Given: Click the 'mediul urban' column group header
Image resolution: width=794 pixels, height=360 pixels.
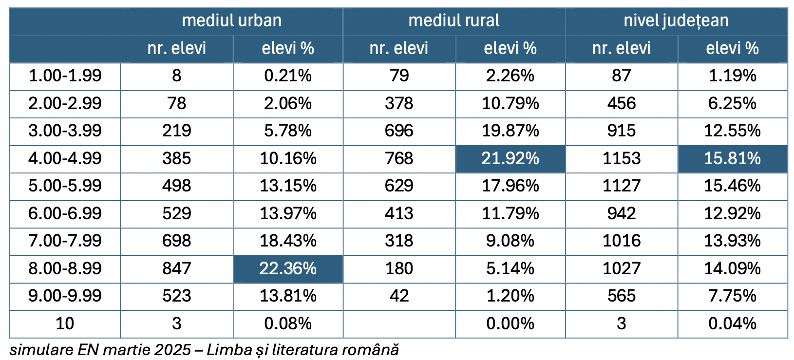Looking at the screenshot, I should (231, 20).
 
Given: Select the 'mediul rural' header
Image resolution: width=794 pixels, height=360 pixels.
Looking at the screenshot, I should (454, 20).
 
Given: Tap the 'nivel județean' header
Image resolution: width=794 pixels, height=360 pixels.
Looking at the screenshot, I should (676, 20).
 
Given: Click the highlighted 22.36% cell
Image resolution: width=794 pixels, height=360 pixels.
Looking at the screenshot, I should (288, 268).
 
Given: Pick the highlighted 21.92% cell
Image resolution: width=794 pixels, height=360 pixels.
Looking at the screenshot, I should (510, 158).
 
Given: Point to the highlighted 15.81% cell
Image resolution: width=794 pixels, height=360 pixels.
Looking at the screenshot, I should (732, 158).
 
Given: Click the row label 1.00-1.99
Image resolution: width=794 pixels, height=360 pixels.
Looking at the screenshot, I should (65, 76).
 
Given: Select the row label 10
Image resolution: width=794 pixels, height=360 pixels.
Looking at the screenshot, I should (65, 323).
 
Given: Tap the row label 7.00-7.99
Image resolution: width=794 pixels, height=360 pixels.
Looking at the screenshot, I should (65, 241).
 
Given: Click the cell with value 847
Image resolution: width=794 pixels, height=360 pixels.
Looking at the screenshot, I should (176, 268).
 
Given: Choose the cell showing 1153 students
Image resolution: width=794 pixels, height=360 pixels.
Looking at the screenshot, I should (621, 158).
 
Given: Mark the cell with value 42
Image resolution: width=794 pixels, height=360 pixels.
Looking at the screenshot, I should (399, 296).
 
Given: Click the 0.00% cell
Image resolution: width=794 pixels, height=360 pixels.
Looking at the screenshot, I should (510, 323).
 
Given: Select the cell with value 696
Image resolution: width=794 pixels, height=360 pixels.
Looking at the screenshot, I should (399, 131).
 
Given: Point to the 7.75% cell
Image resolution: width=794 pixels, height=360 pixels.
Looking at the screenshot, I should (732, 296).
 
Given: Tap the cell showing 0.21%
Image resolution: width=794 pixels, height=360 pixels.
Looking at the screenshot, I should (288, 76).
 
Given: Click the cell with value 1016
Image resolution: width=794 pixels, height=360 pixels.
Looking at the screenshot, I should (621, 241).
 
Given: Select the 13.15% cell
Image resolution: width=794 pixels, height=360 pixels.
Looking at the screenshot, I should (288, 186).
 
